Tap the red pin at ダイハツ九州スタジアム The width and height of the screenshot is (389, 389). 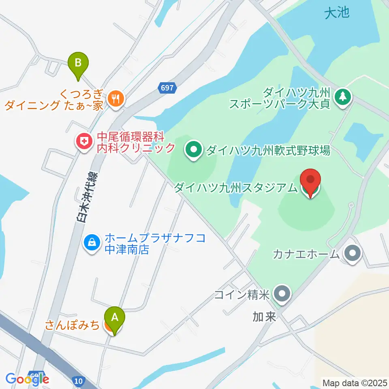[310, 181]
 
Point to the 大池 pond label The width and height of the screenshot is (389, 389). [337, 13]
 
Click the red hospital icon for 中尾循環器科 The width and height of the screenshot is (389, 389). [83, 141]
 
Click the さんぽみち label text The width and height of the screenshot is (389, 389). [72, 325]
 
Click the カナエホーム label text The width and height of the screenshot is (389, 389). [306, 254]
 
